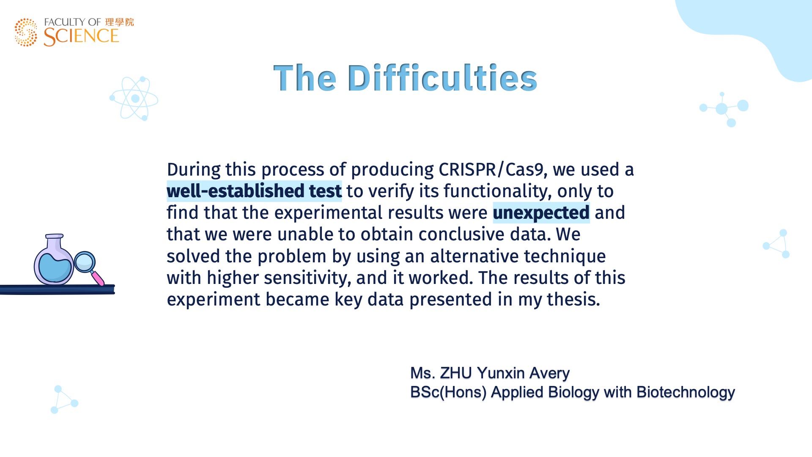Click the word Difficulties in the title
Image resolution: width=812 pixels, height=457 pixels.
[442, 78]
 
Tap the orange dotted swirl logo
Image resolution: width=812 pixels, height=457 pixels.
[26, 32]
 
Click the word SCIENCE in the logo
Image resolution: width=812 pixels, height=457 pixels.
[81, 37]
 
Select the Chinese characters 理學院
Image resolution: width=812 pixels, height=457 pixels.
[120, 22]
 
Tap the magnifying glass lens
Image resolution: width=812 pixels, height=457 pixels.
[85, 262]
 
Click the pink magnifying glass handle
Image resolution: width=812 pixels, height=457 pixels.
[98, 278]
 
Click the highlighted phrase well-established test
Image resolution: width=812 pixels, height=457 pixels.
[254, 191]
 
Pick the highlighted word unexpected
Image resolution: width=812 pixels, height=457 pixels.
[541, 213]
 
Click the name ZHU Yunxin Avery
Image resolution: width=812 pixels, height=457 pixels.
[505, 373]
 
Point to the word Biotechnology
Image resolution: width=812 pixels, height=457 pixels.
[686, 392]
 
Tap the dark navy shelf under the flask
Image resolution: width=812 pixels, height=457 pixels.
[58, 290]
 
